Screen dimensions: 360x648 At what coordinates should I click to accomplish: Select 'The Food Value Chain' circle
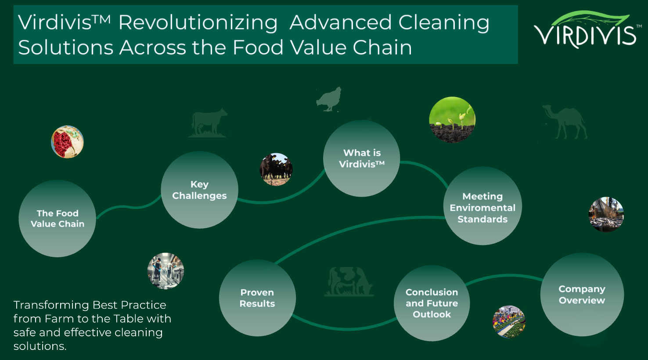(58, 218)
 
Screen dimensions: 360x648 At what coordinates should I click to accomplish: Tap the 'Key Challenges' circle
(199, 190)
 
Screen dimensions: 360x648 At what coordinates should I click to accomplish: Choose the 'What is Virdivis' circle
(362, 158)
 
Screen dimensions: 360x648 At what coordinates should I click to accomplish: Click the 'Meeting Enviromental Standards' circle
(482, 207)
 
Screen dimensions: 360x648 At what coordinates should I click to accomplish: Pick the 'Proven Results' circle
(257, 298)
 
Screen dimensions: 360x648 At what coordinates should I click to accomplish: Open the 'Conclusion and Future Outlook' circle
(432, 303)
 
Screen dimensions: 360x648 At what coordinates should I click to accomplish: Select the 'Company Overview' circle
(582, 295)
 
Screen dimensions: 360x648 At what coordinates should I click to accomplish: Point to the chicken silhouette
(328, 99)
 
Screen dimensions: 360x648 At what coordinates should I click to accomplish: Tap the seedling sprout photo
(452, 120)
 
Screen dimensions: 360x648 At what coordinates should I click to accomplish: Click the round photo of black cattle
(276, 169)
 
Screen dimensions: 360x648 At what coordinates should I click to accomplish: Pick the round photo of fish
(606, 214)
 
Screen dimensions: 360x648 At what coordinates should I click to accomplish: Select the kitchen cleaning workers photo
(166, 271)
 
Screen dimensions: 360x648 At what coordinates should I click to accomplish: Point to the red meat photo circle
(67, 142)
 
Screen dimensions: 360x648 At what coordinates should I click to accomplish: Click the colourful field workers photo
(509, 322)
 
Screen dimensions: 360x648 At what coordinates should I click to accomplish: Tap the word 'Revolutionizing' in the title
(198, 23)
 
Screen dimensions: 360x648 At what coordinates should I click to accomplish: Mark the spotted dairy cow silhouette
(349, 281)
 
